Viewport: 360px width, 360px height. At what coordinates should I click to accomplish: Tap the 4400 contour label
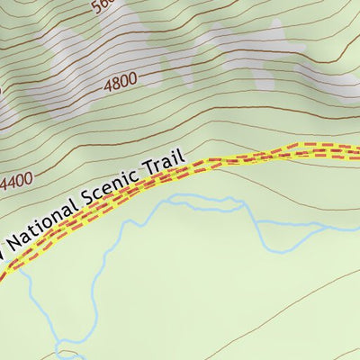17,183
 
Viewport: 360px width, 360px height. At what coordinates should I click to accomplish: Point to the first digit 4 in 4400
5,186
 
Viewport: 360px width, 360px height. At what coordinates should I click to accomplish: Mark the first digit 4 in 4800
108,85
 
